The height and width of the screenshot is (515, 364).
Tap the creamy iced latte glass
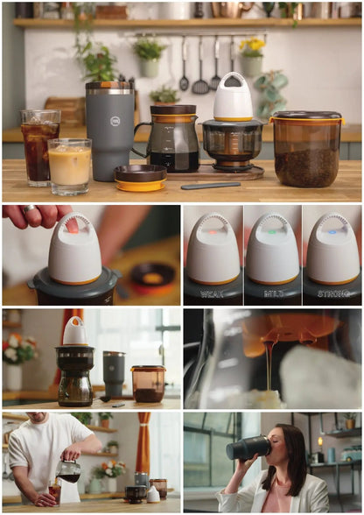(x=69, y=166)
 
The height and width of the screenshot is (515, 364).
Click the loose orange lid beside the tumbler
(x=140, y=179)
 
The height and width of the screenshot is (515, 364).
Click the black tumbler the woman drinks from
(x=248, y=448)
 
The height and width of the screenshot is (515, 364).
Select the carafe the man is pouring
(x=69, y=471)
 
